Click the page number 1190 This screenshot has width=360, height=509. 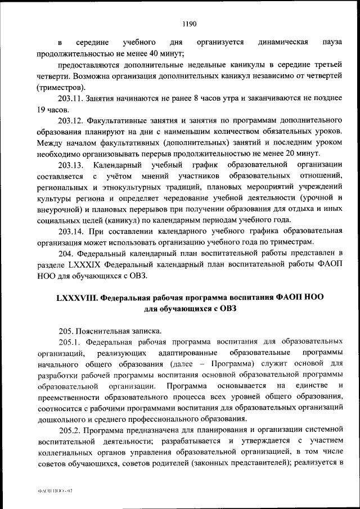pyautogui.click(x=188, y=23)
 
